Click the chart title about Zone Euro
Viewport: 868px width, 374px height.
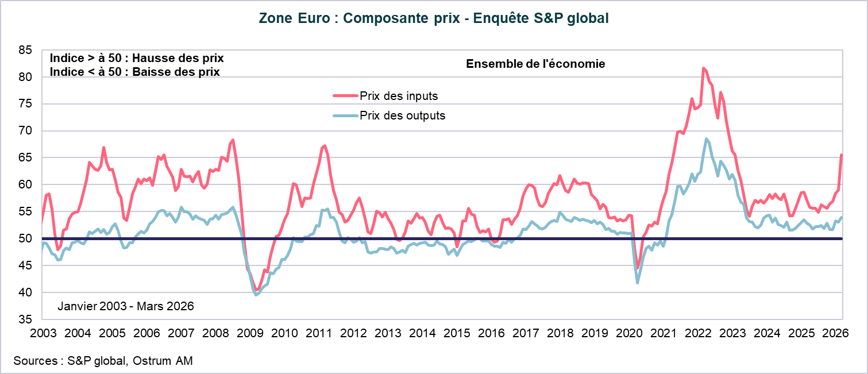[434, 18]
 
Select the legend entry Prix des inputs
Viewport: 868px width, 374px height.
[399, 96]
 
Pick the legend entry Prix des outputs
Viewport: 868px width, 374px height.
[402, 115]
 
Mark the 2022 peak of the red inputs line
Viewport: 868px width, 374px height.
[703, 68]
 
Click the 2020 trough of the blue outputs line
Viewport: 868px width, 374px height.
[638, 283]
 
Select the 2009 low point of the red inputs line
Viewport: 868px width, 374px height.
[256, 290]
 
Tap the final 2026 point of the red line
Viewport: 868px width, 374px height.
[842, 155]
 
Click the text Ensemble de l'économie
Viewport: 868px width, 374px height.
[535, 64]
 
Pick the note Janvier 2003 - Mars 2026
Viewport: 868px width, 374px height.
[125, 306]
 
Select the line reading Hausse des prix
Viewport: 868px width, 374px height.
[137, 59]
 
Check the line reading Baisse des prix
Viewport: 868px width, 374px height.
[134, 72]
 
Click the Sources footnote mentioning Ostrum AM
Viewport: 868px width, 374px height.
[103, 361]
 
